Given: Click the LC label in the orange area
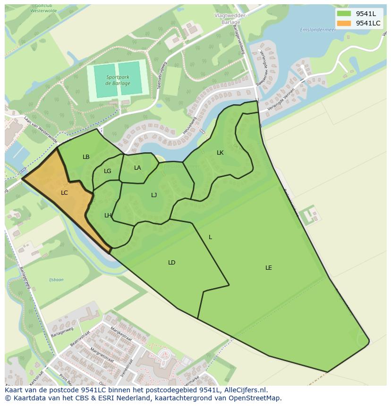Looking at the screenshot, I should [x=64, y=193].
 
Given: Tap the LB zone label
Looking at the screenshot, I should [x=86, y=157].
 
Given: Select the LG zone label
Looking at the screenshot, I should [x=108, y=171].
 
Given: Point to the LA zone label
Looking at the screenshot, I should [x=137, y=168].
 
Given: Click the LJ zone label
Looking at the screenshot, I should [x=154, y=195].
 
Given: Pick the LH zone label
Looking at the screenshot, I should [x=108, y=215].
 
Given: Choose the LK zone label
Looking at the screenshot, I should [x=220, y=153].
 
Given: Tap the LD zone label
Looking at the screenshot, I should [x=172, y=263].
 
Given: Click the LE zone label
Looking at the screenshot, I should [x=269, y=268].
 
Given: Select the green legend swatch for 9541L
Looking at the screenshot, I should [x=344, y=13].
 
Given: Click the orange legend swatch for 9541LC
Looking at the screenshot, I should [x=344, y=23].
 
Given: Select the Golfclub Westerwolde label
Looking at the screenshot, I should [x=41, y=7].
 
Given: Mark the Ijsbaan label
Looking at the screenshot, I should [x=56, y=280].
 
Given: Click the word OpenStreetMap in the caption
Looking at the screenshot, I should [x=255, y=398].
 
